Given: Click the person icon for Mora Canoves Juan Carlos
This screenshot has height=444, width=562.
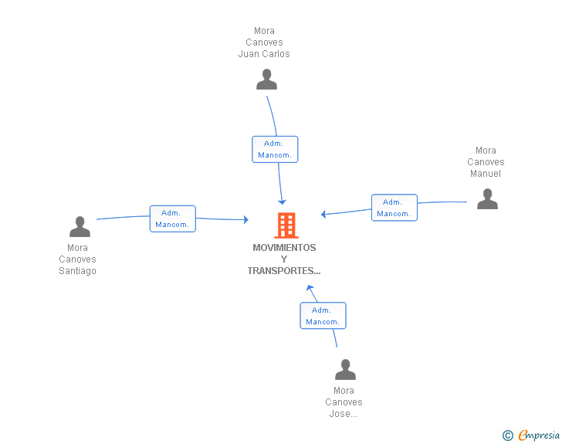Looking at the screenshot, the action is tap(266, 80).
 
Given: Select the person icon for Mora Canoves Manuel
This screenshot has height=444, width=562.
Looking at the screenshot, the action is tap(487, 198).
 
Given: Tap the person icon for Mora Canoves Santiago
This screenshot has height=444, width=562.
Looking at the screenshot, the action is tap(80, 227).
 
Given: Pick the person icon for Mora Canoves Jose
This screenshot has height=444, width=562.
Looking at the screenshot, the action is tap(345, 369).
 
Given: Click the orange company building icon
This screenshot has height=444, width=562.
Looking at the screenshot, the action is tap(286, 225).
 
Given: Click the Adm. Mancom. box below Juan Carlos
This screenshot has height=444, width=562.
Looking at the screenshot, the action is tap(275, 149).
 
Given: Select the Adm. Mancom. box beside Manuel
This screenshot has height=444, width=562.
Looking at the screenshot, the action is tap(394, 208).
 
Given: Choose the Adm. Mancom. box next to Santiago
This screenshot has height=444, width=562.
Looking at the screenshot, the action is tap(173, 219).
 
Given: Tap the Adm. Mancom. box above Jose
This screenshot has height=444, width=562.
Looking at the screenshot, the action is tap(323, 316).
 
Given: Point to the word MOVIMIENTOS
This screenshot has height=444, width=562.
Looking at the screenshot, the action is tap(284, 248).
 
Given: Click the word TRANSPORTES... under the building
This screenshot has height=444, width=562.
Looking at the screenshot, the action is tap(284, 271).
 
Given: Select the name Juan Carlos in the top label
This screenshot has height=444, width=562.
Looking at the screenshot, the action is tap(264, 54).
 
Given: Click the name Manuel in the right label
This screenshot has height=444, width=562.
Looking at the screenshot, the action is tap(486, 174).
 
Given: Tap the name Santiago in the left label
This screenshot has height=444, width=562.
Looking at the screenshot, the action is tap(77, 271).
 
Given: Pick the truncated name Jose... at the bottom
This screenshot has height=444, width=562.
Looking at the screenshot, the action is tap(344, 414).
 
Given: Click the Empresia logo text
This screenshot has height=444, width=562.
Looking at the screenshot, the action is tap(539, 435).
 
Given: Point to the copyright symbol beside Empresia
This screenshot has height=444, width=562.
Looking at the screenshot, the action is tap(508, 436).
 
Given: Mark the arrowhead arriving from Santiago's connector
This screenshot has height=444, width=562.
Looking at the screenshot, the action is tap(245, 219).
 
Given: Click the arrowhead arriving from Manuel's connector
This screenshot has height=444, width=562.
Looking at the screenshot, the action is tap(323, 214).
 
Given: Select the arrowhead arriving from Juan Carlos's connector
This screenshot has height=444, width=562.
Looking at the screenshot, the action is tap(282, 202).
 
